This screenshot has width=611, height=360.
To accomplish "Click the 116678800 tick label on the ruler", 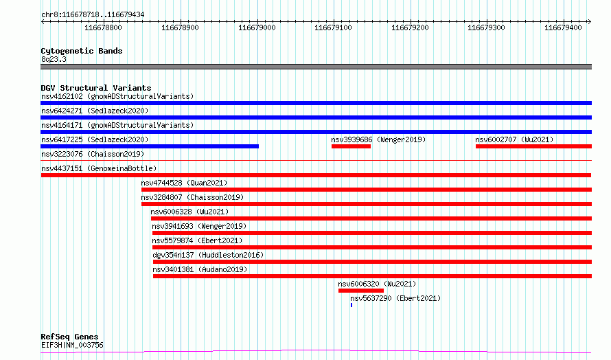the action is (x=103, y=27).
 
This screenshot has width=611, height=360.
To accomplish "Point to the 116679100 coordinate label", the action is (x=333, y=27).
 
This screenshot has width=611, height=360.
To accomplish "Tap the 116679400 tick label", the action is (x=563, y=27).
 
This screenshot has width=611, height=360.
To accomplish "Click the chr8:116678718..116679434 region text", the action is (x=93, y=15).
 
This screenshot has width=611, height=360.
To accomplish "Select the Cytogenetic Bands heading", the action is (x=82, y=51).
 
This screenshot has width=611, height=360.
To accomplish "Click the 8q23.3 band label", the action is (x=54, y=59).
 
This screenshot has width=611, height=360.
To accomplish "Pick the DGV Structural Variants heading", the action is (x=96, y=88).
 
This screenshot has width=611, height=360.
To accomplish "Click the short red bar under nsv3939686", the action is (x=351, y=146).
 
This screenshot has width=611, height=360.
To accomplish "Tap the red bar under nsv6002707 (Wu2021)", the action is (x=533, y=146).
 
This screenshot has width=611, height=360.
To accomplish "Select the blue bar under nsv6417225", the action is (x=150, y=146).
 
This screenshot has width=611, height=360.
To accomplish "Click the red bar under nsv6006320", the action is (x=361, y=291).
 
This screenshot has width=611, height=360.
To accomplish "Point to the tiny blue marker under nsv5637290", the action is (x=351, y=305).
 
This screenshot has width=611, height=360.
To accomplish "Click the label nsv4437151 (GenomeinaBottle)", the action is (x=99, y=168).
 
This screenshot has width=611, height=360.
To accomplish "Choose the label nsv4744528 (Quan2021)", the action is (x=184, y=183).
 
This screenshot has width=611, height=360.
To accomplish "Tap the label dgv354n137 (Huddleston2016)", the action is (x=208, y=255).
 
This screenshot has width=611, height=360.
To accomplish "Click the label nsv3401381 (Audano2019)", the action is (x=200, y=269).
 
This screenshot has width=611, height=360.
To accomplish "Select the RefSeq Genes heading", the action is (x=69, y=337).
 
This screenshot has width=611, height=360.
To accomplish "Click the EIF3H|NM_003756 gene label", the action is (x=72, y=345).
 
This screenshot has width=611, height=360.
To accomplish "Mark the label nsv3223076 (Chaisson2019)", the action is (x=93, y=154).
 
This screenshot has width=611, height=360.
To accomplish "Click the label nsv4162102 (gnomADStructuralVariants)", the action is (x=117, y=96).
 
